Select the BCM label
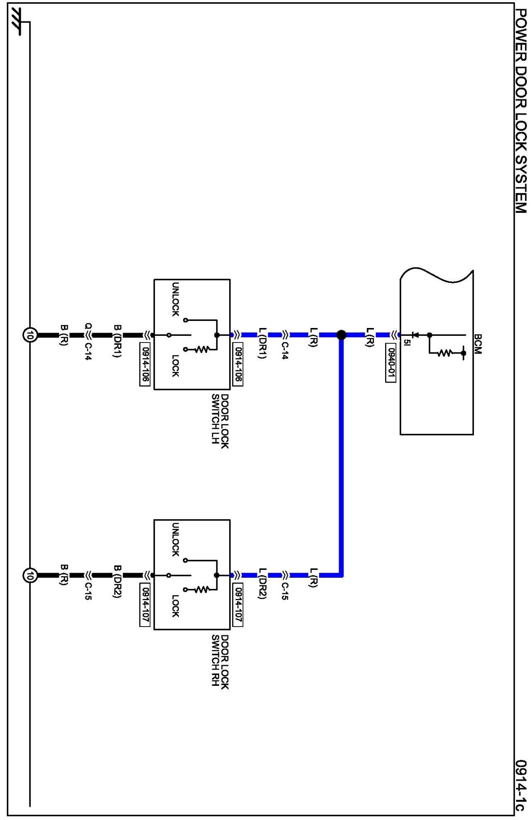478,344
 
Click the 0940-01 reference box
390,363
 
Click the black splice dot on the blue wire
341,335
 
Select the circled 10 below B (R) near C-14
29,335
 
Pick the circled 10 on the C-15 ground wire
29,575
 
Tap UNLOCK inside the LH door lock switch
175,299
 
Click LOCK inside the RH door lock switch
175,606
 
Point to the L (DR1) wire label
262,343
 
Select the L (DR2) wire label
262,584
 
